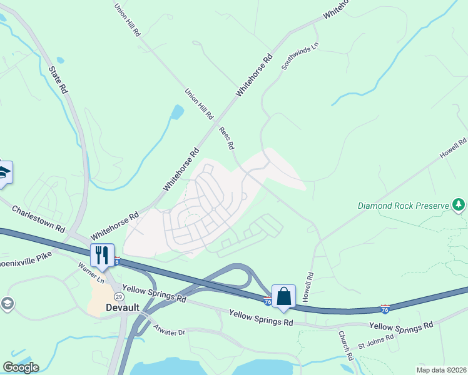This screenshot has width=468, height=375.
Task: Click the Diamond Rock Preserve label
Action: [404, 205]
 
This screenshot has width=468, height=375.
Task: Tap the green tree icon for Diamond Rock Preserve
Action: [459, 204]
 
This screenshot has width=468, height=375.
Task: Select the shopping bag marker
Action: [283, 296]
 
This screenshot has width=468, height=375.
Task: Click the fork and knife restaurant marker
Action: [102, 255]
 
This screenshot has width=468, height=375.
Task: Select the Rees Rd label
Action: [226, 138]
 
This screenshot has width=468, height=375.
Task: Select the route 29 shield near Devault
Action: [118, 296]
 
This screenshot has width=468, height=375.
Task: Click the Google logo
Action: [21, 367]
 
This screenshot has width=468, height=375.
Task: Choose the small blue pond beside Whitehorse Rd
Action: [178, 112]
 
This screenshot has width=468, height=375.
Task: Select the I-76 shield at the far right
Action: [385, 309]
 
